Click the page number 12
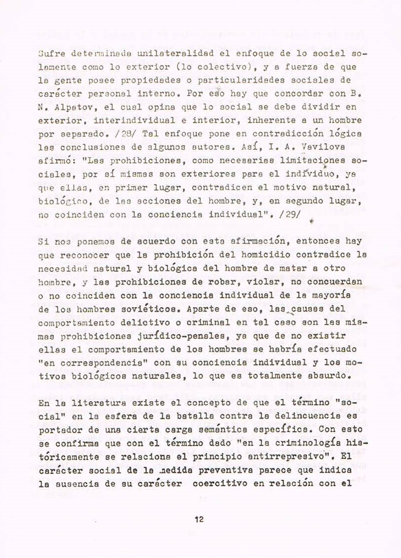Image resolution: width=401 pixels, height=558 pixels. coord(199,520)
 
